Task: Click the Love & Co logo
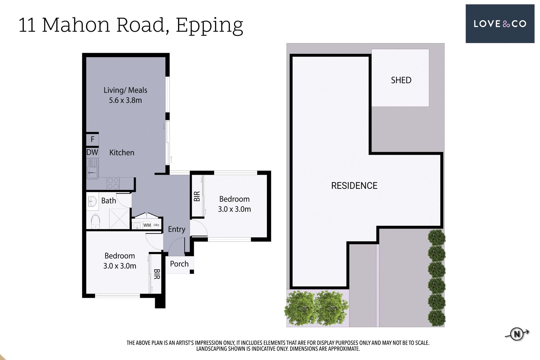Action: coord(500,24)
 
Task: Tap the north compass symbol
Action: coord(517,334)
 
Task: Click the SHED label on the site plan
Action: coord(401,80)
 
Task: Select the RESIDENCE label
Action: coord(354,186)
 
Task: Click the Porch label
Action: coord(179,264)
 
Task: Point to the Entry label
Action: coord(177,229)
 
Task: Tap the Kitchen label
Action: coord(122,152)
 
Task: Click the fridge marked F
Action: coord(93,139)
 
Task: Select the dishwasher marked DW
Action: coord(92,152)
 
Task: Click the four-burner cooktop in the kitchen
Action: coord(113,183)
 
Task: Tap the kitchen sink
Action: coord(93,169)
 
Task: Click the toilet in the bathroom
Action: coord(96,221)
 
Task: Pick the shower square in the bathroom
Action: coord(119,219)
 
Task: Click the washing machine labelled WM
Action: coord(147,225)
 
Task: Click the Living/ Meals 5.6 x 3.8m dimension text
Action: coord(125,95)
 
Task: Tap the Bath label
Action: coord(109,201)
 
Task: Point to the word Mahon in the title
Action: coord(76,25)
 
